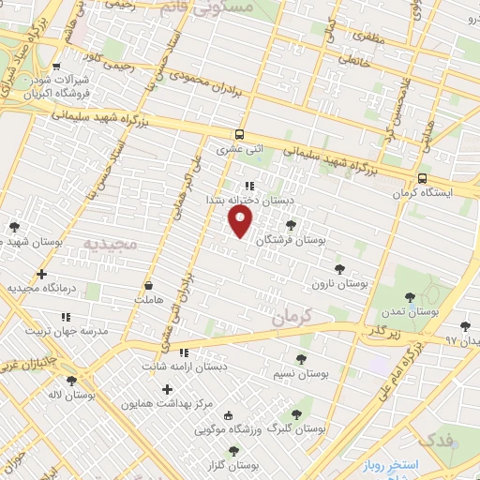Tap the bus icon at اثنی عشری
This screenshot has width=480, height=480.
[239, 134]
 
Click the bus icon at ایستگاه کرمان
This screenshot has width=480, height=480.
[422, 178]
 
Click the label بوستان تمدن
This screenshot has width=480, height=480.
[411, 310]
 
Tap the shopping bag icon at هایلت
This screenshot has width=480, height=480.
[149, 284]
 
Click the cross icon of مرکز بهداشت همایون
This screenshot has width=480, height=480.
[168, 389]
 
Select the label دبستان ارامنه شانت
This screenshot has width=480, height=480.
[184, 367]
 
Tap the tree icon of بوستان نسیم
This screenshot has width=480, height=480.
[300, 358]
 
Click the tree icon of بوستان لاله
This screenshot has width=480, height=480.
[71, 380]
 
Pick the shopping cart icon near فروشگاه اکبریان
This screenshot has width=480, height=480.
[57, 67]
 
